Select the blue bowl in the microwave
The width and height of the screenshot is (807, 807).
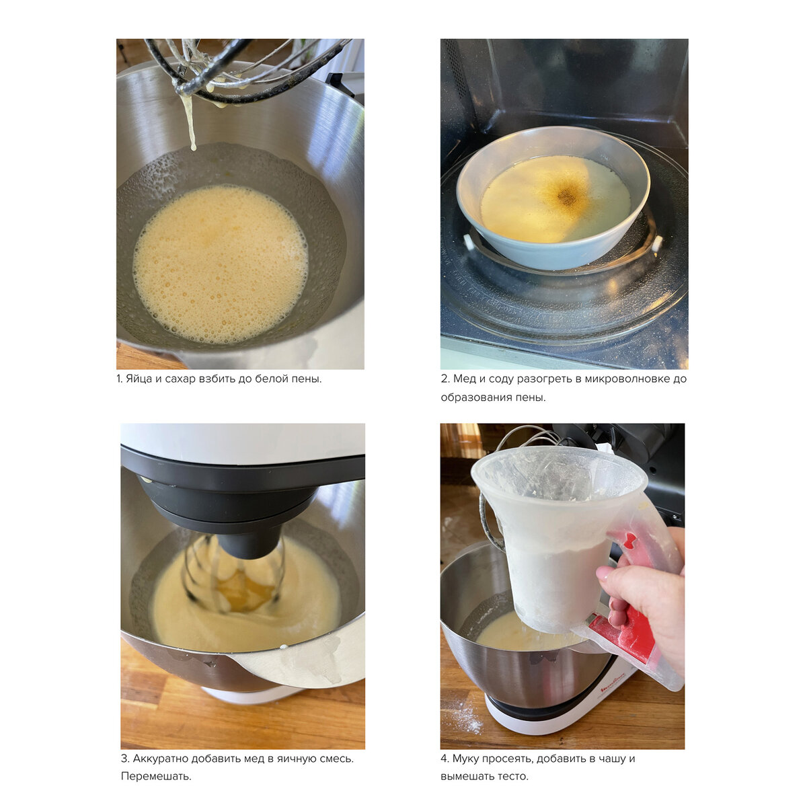(x=552, y=197)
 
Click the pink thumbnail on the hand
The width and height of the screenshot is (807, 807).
(x=603, y=572)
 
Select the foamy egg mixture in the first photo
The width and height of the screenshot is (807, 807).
(x=221, y=264)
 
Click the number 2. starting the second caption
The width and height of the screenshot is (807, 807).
(x=445, y=379)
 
